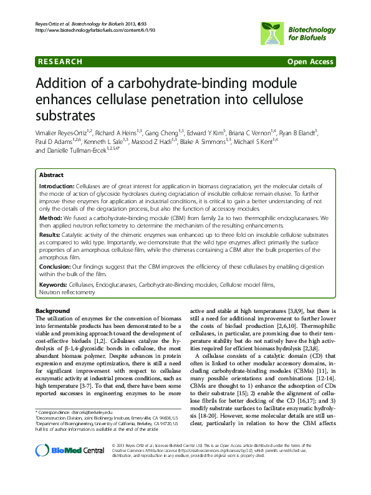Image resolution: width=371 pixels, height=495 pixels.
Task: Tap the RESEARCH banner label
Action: (x=60, y=62)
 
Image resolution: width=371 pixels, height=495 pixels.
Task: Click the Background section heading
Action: (x=52, y=310)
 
